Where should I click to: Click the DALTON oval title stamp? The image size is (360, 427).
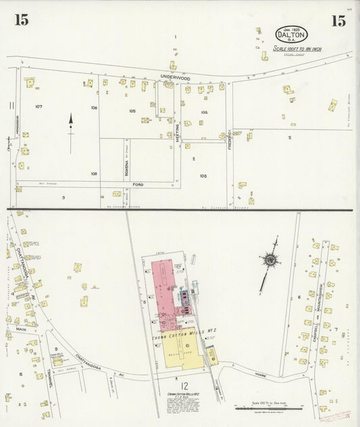pos(292,34)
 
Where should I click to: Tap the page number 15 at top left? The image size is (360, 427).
pos(21,20)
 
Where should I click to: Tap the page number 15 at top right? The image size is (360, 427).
pos(338,20)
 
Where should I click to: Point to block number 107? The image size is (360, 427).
pos(38,107)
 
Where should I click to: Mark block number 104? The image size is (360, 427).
pos(204,112)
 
